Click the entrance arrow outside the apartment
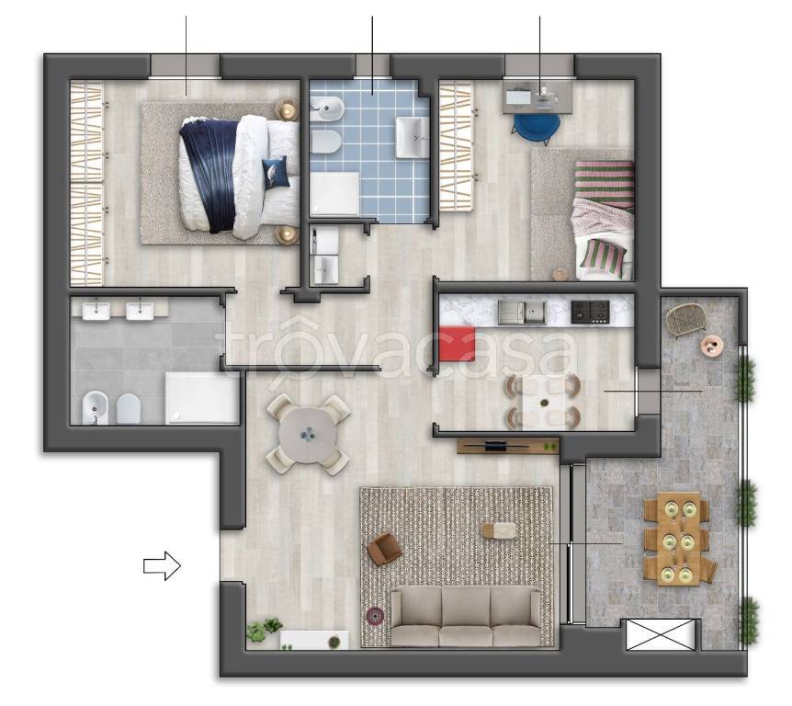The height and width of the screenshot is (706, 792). (162, 565)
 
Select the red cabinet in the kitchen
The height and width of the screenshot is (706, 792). (458, 344)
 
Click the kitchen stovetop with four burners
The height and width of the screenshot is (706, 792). (590, 312)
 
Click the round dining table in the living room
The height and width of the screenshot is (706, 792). (308, 435)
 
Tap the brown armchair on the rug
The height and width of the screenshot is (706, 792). (384, 549)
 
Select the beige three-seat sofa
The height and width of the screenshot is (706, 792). (465, 616)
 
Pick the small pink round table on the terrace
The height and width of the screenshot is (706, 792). (712, 345)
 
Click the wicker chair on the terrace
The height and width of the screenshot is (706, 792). (684, 319)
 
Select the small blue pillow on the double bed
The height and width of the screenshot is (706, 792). (276, 173)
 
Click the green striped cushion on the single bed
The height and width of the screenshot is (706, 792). (601, 257)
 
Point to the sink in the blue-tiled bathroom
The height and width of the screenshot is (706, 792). (411, 137)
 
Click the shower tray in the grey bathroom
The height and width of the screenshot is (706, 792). (202, 398)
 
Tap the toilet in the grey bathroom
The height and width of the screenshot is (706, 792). (128, 409)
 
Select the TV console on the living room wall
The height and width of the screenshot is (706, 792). (508, 446)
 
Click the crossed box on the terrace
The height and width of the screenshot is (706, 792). (661, 634)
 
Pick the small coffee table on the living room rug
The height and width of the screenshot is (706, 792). (500, 530)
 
